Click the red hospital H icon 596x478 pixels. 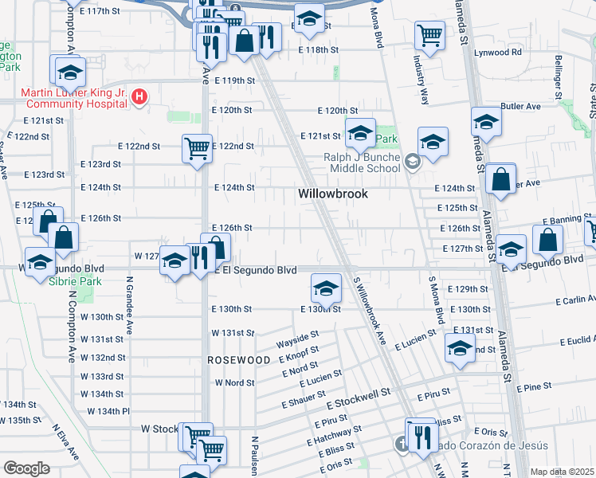tap(140, 98)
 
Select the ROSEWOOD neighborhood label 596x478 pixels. tap(239, 360)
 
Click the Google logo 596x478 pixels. tap(26, 468)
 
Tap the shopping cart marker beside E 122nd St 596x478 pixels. tap(197, 147)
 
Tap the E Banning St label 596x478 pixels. tap(565, 220)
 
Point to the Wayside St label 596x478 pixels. tap(297, 343)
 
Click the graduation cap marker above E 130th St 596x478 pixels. tap(325, 288)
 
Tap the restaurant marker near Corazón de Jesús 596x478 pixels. tap(421, 436)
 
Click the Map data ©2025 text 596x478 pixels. tap(561, 471)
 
